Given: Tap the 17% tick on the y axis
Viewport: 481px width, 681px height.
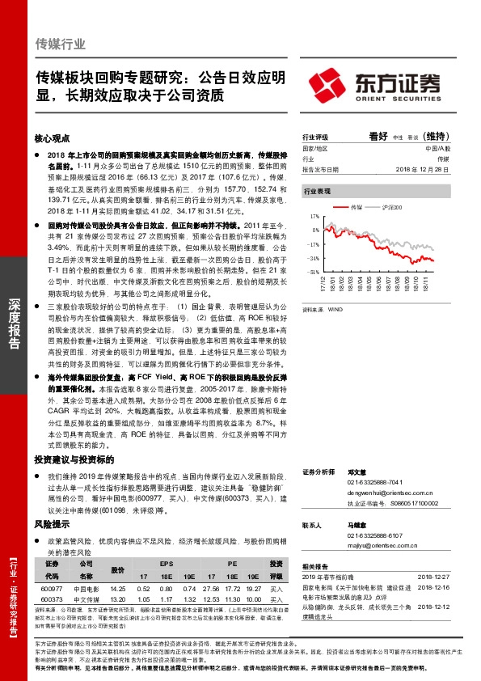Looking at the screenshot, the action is click(314, 218).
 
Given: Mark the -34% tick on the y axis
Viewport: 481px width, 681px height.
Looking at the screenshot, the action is click(313, 258).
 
